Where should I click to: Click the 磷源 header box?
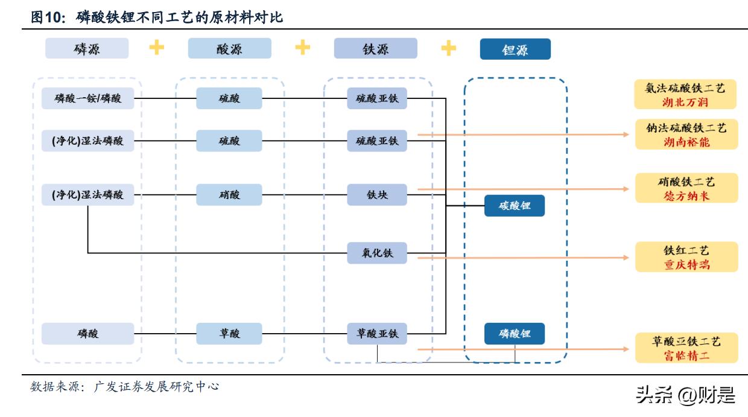86,49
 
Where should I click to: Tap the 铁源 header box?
375,49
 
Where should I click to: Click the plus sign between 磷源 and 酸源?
157,48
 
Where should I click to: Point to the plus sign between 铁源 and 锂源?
448,48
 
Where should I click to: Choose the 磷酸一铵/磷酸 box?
87,98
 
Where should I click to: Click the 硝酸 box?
229,195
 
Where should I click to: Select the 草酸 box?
229,334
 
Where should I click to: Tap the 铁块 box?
377,195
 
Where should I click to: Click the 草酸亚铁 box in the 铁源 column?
377,334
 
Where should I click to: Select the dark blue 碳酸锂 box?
515,206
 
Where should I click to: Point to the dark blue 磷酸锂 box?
515,334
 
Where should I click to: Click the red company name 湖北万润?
685,102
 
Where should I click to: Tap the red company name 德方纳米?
686,196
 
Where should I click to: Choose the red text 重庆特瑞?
686,264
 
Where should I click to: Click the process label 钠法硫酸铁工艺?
686,128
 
